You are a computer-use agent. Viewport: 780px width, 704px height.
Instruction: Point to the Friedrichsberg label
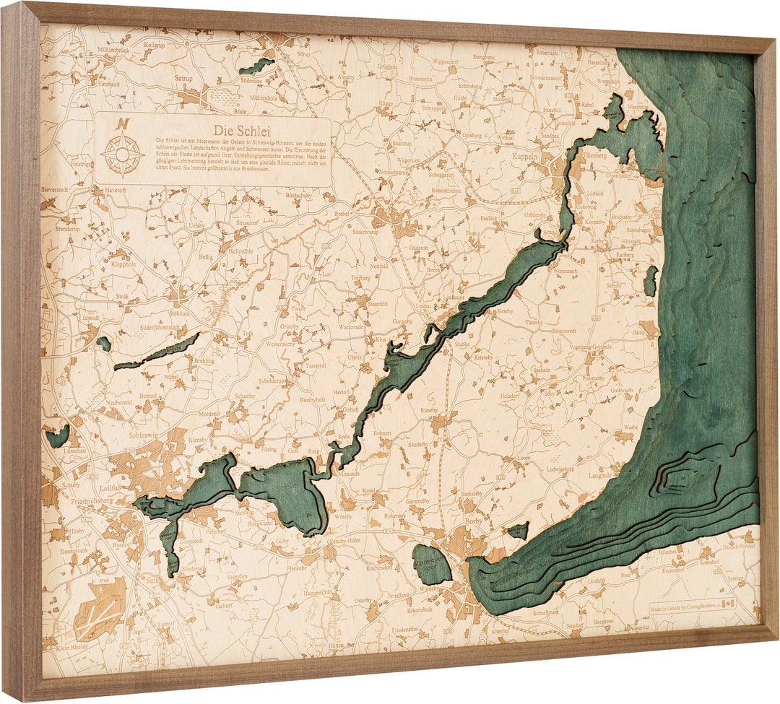(x=87, y=500)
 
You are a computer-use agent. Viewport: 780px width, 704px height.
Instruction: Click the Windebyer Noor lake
(x=431, y=565)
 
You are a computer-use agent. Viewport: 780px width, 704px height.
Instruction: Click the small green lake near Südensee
(x=257, y=66)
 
